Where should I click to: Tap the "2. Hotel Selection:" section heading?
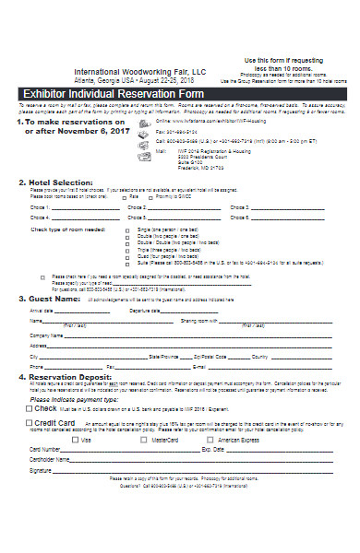56,182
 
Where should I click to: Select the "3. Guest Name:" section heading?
51,300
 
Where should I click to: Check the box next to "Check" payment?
30,407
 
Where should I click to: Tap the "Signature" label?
41,470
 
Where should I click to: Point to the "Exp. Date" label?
212,450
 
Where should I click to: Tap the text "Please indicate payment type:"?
74,399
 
